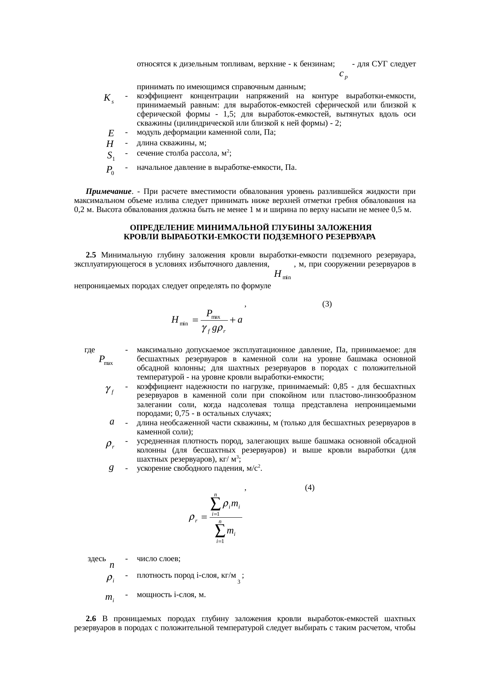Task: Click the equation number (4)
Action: click(x=309, y=488)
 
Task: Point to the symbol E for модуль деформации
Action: click(x=111, y=133)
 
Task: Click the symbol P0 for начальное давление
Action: click(x=110, y=171)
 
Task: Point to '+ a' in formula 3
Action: click(x=236, y=320)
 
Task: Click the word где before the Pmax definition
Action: click(x=90, y=350)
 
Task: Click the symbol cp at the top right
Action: click(x=343, y=74)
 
